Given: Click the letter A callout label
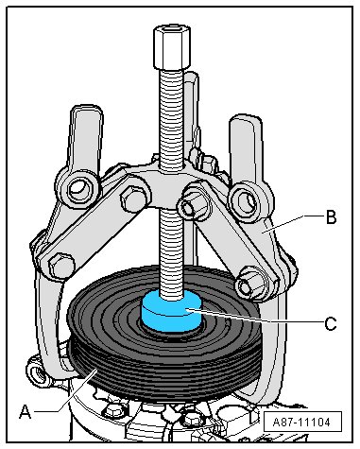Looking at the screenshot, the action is tap(26, 411).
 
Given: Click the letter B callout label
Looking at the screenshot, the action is tap(331, 217).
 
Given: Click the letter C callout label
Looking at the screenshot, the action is tap(331, 323).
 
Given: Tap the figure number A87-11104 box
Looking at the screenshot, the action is tap(302, 422).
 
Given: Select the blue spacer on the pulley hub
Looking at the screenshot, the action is tap(172, 311).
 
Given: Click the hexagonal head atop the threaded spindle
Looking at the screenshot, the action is tap(172, 48).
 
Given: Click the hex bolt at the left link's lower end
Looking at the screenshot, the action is tap(62, 265).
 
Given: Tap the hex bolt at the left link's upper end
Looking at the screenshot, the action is tap(134, 199).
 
